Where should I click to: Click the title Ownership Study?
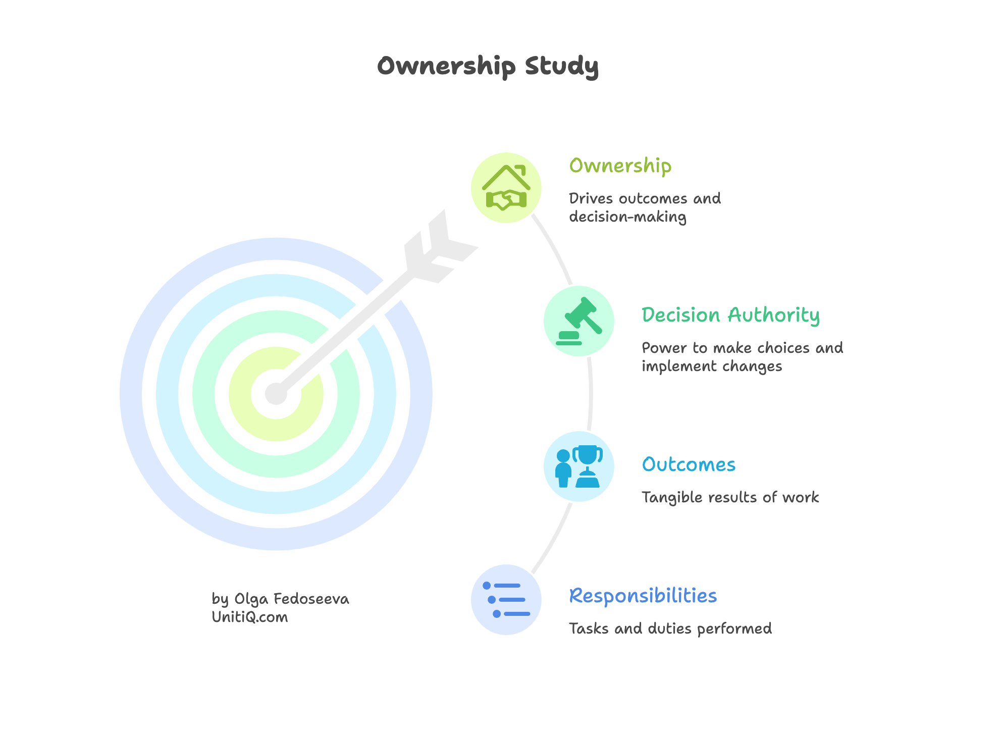[488, 66]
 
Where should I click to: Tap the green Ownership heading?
[620, 166]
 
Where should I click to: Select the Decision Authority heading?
[730, 315]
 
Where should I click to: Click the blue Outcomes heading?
[688, 464]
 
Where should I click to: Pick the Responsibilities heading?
[643, 596]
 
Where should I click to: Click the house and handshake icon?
[506, 188]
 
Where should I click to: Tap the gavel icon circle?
[579, 321]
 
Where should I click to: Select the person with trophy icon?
[579, 466]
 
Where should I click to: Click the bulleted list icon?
[506, 600]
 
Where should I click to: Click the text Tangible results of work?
[730, 497]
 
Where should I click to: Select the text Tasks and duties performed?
[670, 629]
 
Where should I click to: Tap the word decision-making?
[627, 217]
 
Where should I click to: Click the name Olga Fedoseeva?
[291, 599]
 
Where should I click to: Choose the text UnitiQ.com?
[249, 617]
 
